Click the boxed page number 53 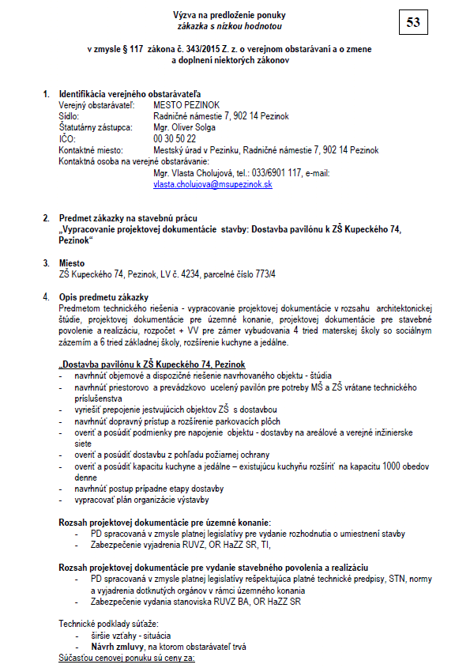pyautogui.click(x=413, y=22)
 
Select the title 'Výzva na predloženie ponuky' pyautogui.click(x=229, y=15)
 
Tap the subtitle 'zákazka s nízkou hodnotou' pyautogui.click(x=229, y=25)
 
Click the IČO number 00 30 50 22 pyautogui.click(x=175, y=138)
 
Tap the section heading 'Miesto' pyautogui.click(x=73, y=262)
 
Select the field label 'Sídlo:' pyautogui.click(x=70, y=116)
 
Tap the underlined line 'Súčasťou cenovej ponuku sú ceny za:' pyautogui.click(x=126, y=657)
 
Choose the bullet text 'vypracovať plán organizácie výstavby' pyautogui.click(x=142, y=500)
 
